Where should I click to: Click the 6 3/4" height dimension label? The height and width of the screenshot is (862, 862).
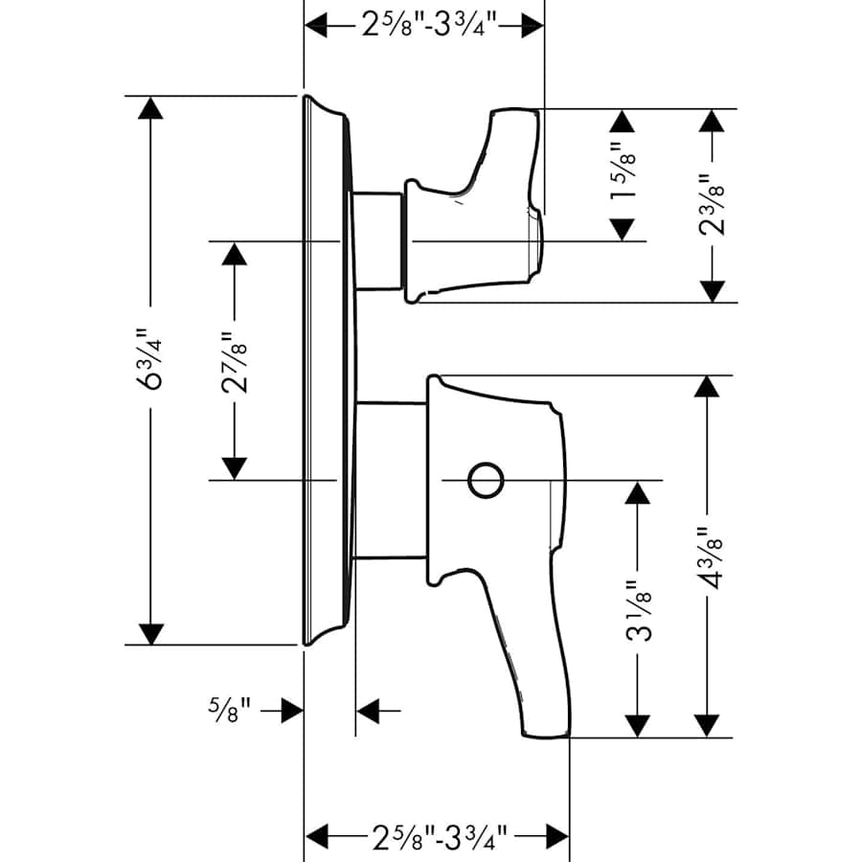pyautogui.click(x=149, y=361)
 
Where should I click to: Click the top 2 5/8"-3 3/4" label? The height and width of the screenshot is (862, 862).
pyautogui.click(x=424, y=26)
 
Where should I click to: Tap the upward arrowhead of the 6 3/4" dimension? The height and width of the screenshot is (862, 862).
pyautogui.click(x=149, y=107)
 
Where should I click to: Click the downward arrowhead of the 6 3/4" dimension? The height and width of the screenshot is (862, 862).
pyautogui.click(x=149, y=633)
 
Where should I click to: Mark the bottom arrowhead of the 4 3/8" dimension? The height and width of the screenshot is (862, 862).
pyautogui.click(x=707, y=726)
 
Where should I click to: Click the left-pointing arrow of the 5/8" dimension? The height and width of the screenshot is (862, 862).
pyautogui.click(x=368, y=711)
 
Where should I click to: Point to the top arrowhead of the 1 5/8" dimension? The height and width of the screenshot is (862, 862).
pyautogui.click(x=623, y=121)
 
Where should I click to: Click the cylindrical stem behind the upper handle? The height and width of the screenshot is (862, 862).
pyautogui.click(x=377, y=239)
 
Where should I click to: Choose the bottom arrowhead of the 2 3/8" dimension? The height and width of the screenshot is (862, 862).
pyautogui.click(x=710, y=290)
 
